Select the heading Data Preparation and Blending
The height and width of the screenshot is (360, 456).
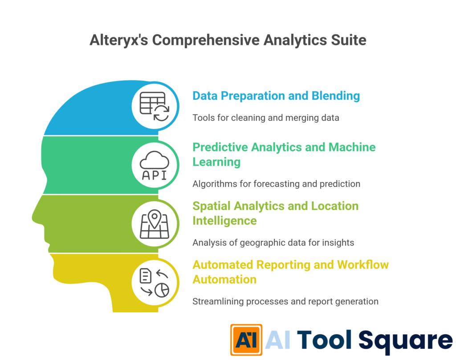click(276, 96)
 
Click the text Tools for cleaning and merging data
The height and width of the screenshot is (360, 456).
click(266, 118)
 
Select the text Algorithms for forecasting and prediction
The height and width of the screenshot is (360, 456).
click(276, 183)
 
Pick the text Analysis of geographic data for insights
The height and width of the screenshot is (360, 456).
click(273, 243)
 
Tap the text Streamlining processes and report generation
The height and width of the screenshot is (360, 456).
click(285, 301)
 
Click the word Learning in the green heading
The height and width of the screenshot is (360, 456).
click(216, 162)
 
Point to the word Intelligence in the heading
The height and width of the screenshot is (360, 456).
click(225, 221)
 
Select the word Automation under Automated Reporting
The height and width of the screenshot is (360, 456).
click(224, 279)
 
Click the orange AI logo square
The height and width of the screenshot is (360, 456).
click(246, 340)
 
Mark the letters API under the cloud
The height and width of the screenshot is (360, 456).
click(154, 175)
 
